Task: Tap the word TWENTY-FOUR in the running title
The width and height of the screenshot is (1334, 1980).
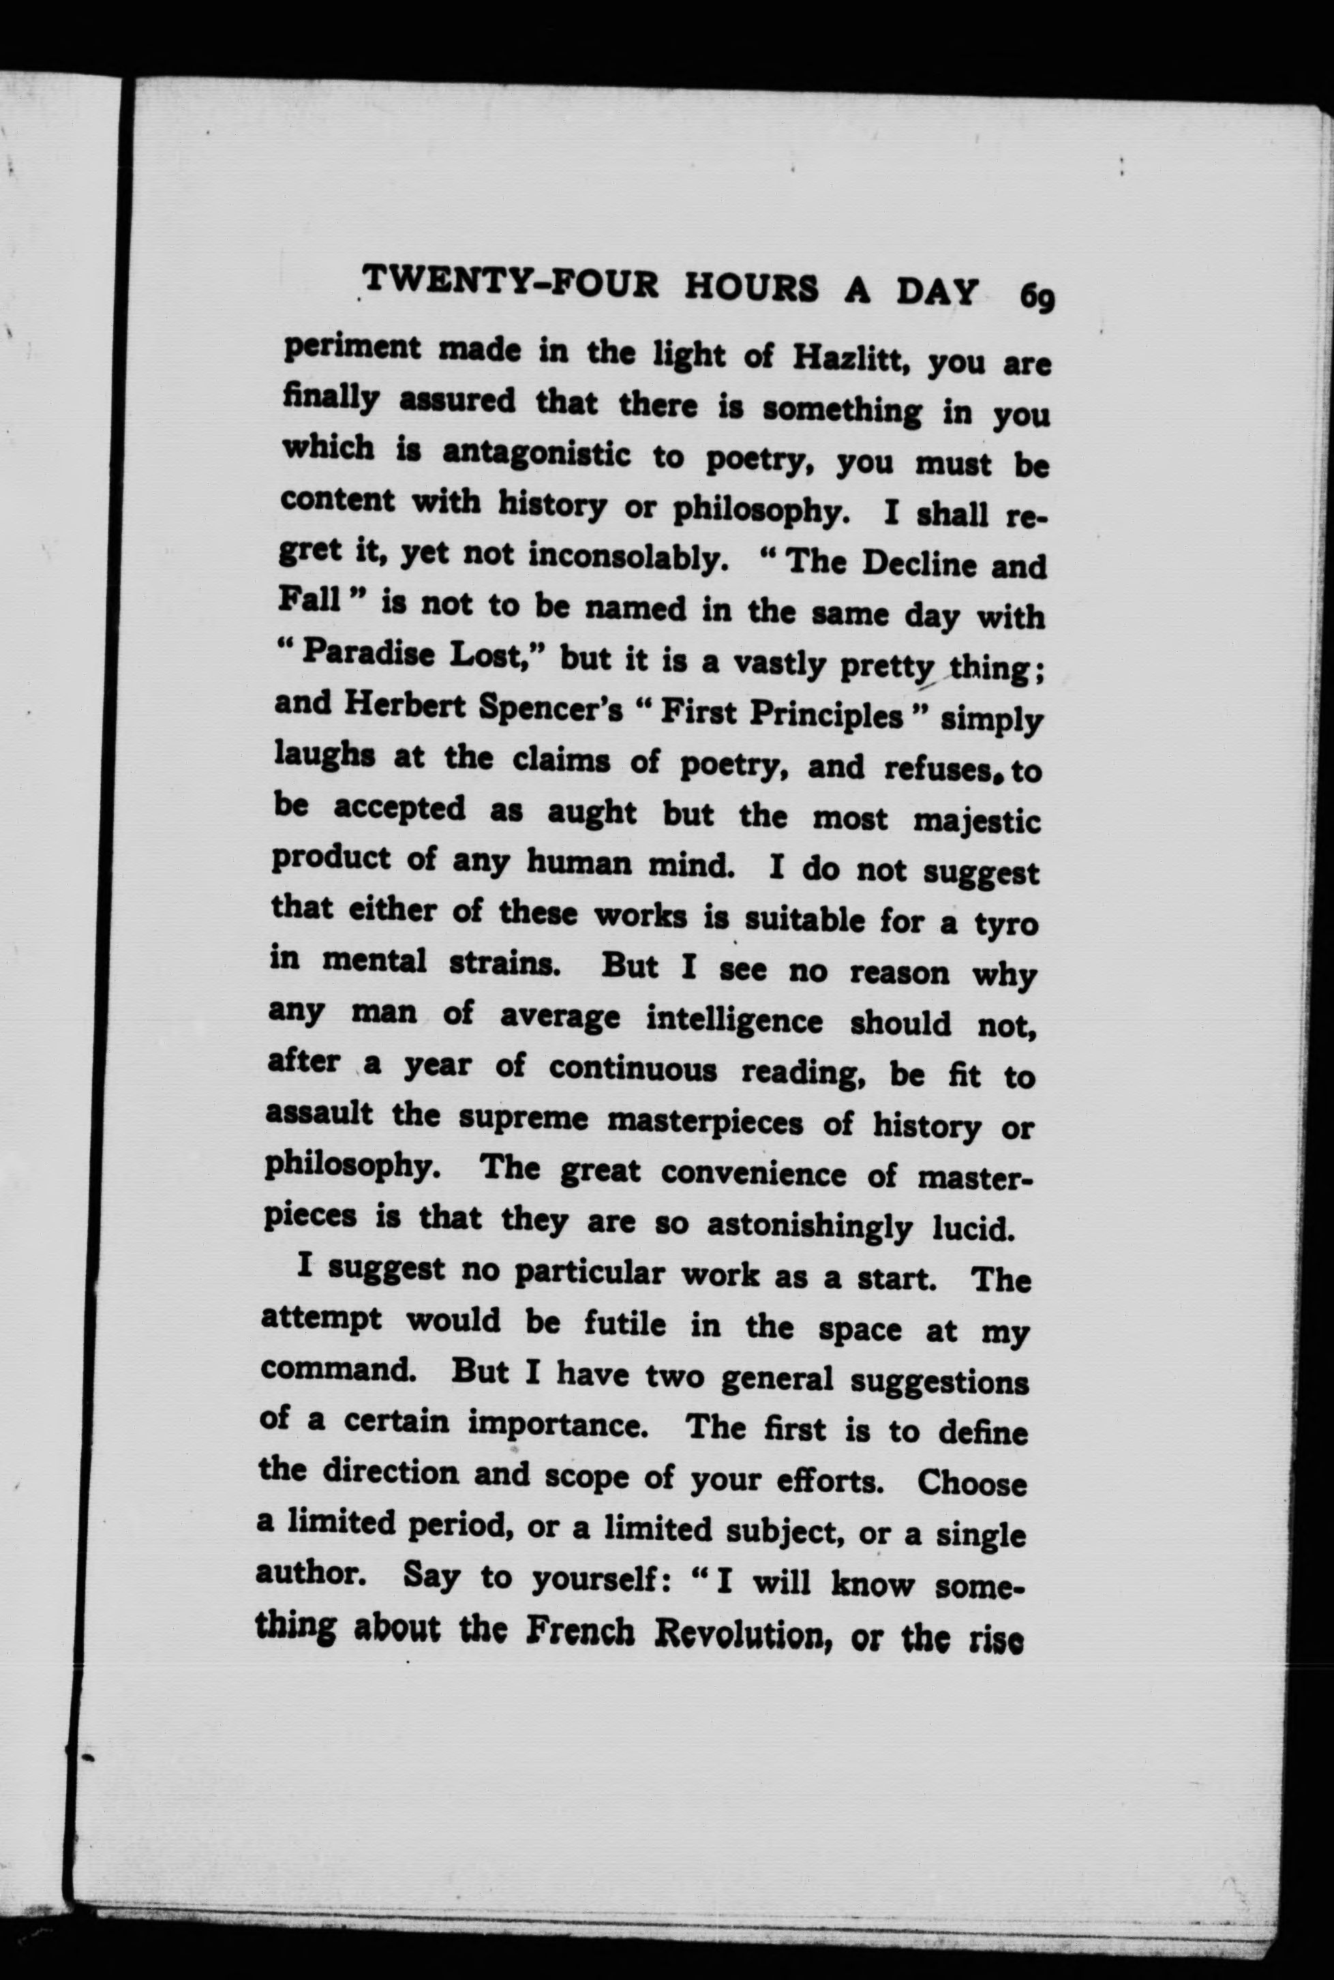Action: click(x=511, y=282)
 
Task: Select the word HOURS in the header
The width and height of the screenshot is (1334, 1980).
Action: click(x=751, y=288)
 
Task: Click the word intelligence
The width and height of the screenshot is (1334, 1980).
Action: click(x=734, y=1020)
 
